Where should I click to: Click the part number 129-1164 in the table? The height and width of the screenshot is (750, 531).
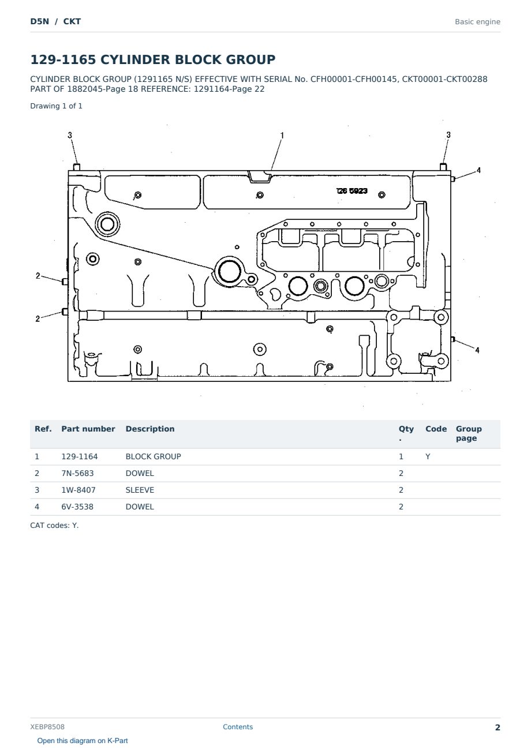80,457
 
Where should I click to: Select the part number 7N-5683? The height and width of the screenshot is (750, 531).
77,474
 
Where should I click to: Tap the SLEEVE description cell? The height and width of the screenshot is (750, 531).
140,490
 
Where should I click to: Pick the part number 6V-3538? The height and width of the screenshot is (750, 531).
77,507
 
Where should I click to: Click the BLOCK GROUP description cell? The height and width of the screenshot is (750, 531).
153,457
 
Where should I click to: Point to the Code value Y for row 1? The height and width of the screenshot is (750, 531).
428,457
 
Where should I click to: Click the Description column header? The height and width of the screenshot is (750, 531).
150,429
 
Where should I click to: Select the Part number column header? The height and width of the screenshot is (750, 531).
88,429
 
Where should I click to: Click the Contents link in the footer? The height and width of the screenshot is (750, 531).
238,727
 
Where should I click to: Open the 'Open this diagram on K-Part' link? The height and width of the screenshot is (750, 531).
83,741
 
